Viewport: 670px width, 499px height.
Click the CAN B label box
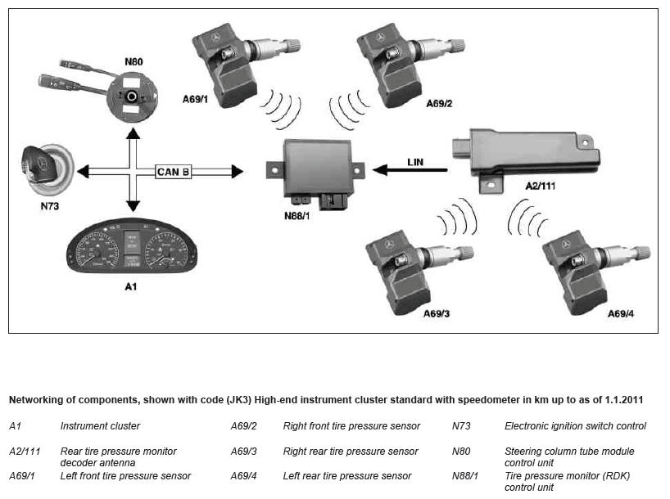(x=173, y=172)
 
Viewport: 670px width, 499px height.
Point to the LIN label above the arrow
(x=415, y=162)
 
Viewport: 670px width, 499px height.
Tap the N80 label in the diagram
(x=134, y=61)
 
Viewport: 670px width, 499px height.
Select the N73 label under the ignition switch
(x=50, y=206)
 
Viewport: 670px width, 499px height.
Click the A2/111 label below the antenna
(x=540, y=186)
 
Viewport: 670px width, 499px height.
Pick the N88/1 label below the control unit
(x=297, y=216)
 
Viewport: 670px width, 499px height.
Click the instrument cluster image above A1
(x=132, y=246)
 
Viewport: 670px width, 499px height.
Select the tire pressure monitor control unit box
(x=315, y=173)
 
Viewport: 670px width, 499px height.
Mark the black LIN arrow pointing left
(x=410, y=170)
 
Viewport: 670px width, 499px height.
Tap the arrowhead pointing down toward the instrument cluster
(x=133, y=206)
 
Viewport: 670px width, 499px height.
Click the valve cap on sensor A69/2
(x=458, y=45)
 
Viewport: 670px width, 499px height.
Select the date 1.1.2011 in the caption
(x=624, y=400)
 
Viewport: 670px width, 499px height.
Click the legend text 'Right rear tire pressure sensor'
(x=351, y=452)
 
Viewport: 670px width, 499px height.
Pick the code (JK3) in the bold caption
(x=239, y=400)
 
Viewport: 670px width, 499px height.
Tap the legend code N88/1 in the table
(x=465, y=475)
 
